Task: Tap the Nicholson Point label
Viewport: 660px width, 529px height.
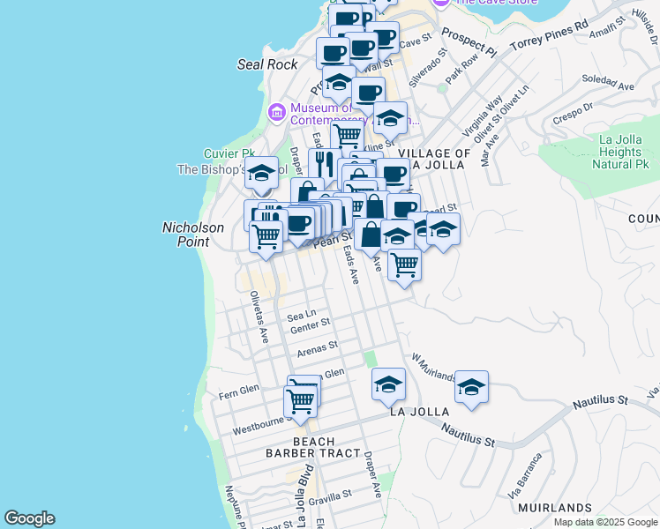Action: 192,234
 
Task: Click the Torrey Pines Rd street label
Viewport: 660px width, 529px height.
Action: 549,34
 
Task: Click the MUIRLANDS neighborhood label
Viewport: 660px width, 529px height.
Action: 555,508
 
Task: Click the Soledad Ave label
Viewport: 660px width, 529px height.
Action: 614,86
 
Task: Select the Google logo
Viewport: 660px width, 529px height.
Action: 29,518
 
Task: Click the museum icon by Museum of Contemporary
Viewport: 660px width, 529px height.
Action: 276,112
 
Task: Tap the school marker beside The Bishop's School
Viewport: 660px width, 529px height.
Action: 262,175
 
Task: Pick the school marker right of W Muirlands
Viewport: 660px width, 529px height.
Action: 471,387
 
